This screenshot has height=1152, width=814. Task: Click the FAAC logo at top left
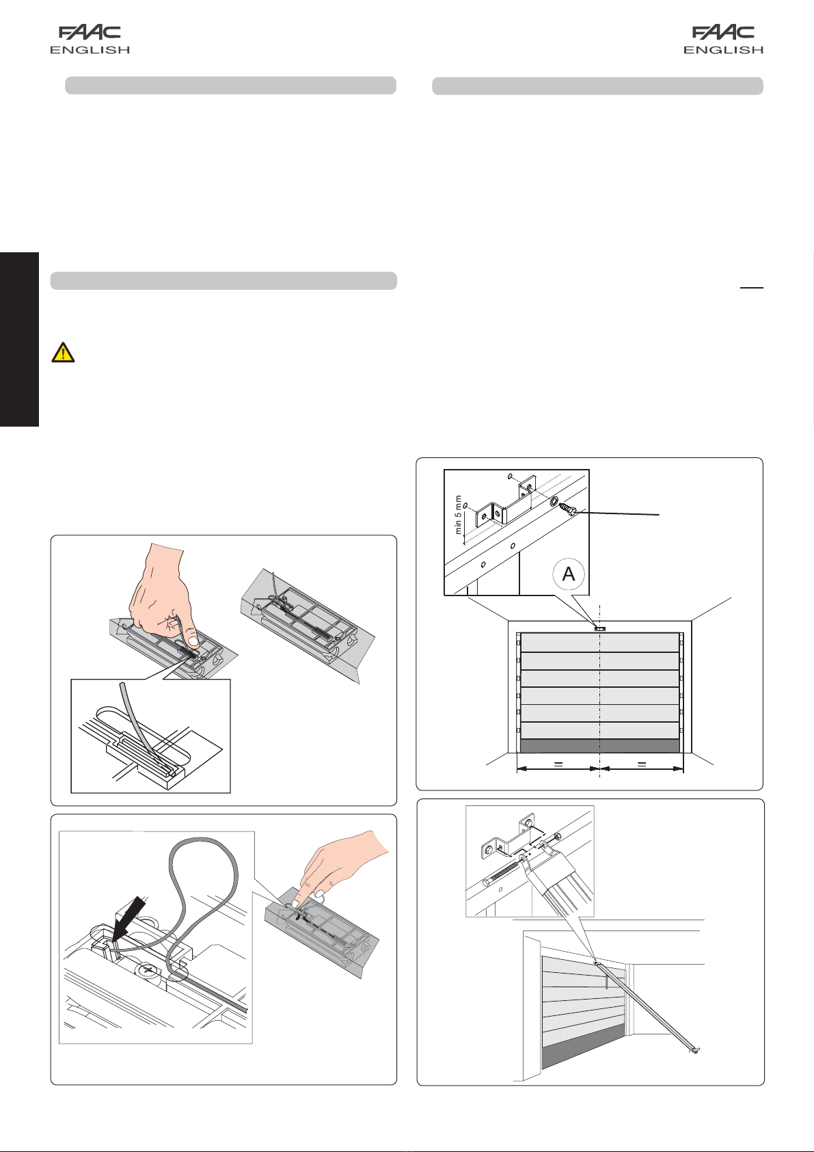point(90,33)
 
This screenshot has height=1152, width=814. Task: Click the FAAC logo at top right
point(723,33)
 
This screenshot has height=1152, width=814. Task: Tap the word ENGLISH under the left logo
point(90,50)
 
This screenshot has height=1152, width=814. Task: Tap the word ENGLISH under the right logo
point(723,50)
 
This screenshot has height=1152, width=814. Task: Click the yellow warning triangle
point(64,353)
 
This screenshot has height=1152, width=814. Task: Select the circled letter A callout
point(568,574)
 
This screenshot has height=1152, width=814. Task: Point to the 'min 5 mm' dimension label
point(458,515)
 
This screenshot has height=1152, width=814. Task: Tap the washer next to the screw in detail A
point(554,501)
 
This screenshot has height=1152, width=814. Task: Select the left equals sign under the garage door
point(558,765)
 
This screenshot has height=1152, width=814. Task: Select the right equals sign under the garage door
point(641,765)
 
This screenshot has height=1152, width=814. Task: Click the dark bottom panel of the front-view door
point(600,746)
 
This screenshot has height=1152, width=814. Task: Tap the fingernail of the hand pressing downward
point(194,641)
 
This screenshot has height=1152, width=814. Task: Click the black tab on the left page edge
point(20,339)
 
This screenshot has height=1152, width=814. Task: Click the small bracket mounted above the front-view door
point(599,628)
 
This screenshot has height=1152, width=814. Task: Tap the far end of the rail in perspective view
point(694,1051)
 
